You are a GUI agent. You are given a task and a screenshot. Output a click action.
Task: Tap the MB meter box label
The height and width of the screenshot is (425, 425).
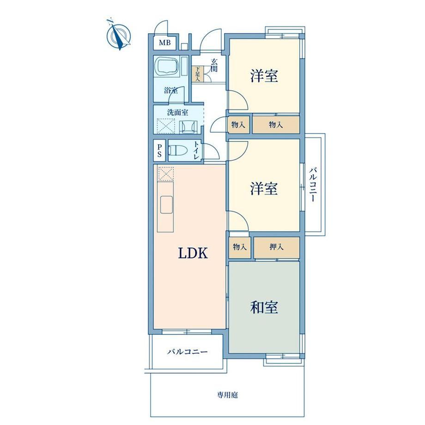(x=165, y=42)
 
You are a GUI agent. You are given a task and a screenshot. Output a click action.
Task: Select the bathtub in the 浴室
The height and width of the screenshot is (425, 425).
(x=166, y=67)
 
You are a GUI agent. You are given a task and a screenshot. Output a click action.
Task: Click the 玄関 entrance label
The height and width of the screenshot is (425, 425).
(x=214, y=65)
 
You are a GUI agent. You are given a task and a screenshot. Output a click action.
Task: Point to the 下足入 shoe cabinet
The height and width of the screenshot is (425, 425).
(x=198, y=74)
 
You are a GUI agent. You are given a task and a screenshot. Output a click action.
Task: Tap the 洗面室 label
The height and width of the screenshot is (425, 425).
(x=177, y=112)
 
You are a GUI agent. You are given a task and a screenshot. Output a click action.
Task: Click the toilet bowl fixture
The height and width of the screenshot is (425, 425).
(x=176, y=150)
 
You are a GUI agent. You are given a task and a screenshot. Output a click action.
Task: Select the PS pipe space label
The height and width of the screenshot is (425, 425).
(x=160, y=151)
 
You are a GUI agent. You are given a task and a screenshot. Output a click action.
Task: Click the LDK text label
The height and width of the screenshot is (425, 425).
(x=193, y=253)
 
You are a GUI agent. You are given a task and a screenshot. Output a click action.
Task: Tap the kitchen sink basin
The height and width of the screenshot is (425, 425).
(x=166, y=205)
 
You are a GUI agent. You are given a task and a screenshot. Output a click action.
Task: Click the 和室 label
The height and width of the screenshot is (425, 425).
(x=264, y=307)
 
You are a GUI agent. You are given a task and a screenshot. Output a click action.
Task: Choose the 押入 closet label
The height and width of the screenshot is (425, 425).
(x=276, y=247)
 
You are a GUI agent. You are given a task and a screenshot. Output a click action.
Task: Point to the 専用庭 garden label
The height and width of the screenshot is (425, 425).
(x=227, y=395)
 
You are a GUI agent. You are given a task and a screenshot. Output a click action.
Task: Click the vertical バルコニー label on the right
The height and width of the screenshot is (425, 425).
(x=313, y=185)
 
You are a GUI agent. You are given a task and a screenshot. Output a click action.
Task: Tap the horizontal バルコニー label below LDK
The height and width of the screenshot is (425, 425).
(x=187, y=352)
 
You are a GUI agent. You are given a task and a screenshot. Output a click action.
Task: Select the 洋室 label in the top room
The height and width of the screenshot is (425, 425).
(x=264, y=76)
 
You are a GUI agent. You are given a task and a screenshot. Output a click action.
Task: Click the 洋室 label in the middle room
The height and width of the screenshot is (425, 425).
(x=264, y=188)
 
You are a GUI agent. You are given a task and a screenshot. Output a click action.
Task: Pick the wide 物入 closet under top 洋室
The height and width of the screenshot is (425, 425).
(x=276, y=125)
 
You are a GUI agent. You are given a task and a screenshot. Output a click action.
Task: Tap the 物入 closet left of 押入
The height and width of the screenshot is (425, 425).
(x=240, y=247)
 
